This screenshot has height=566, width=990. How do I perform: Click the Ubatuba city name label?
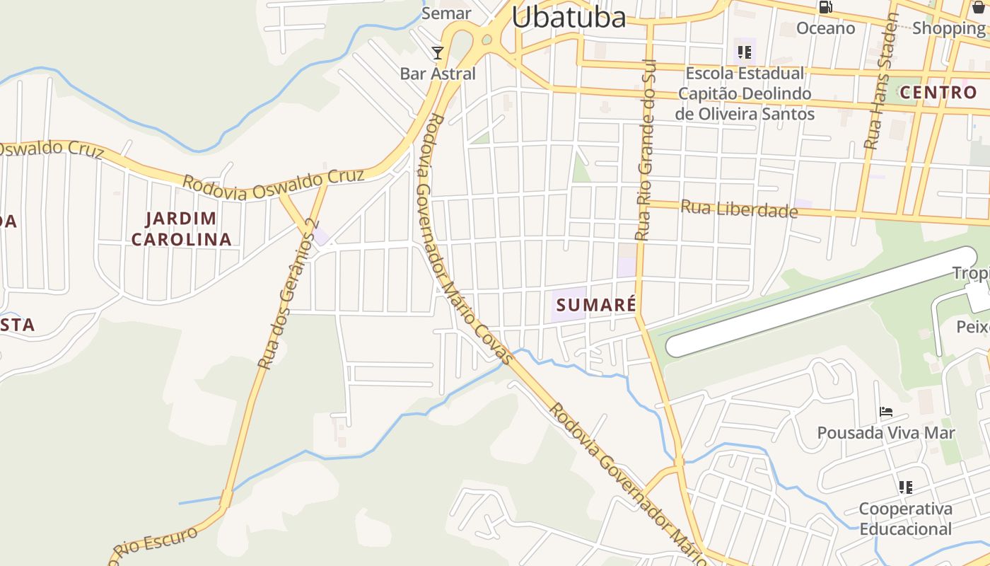[x=569, y=17]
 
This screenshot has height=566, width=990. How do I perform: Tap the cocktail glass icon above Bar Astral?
[x=438, y=53]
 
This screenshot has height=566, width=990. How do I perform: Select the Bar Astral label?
[x=438, y=74]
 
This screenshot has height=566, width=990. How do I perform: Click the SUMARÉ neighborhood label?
[x=597, y=305]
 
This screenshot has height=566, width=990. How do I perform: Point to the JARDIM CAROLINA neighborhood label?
[x=182, y=229]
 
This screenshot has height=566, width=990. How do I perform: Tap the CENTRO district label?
[x=938, y=92]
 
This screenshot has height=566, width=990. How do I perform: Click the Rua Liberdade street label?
[x=739, y=209]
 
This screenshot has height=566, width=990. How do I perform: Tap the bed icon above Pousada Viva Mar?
[x=886, y=411]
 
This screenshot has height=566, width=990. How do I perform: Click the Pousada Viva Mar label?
[x=886, y=432]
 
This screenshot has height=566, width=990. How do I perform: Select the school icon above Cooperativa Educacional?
[x=905, y=487]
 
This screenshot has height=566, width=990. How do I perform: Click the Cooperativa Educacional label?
[x=905, y=519]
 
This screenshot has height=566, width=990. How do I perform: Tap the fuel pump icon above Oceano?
[x=825, y=7]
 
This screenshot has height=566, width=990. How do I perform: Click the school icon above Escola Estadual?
[x=744, y=52]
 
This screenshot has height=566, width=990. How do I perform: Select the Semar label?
[x=446, y=13]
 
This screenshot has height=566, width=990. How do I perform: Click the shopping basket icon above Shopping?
[x=979, y=7]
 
